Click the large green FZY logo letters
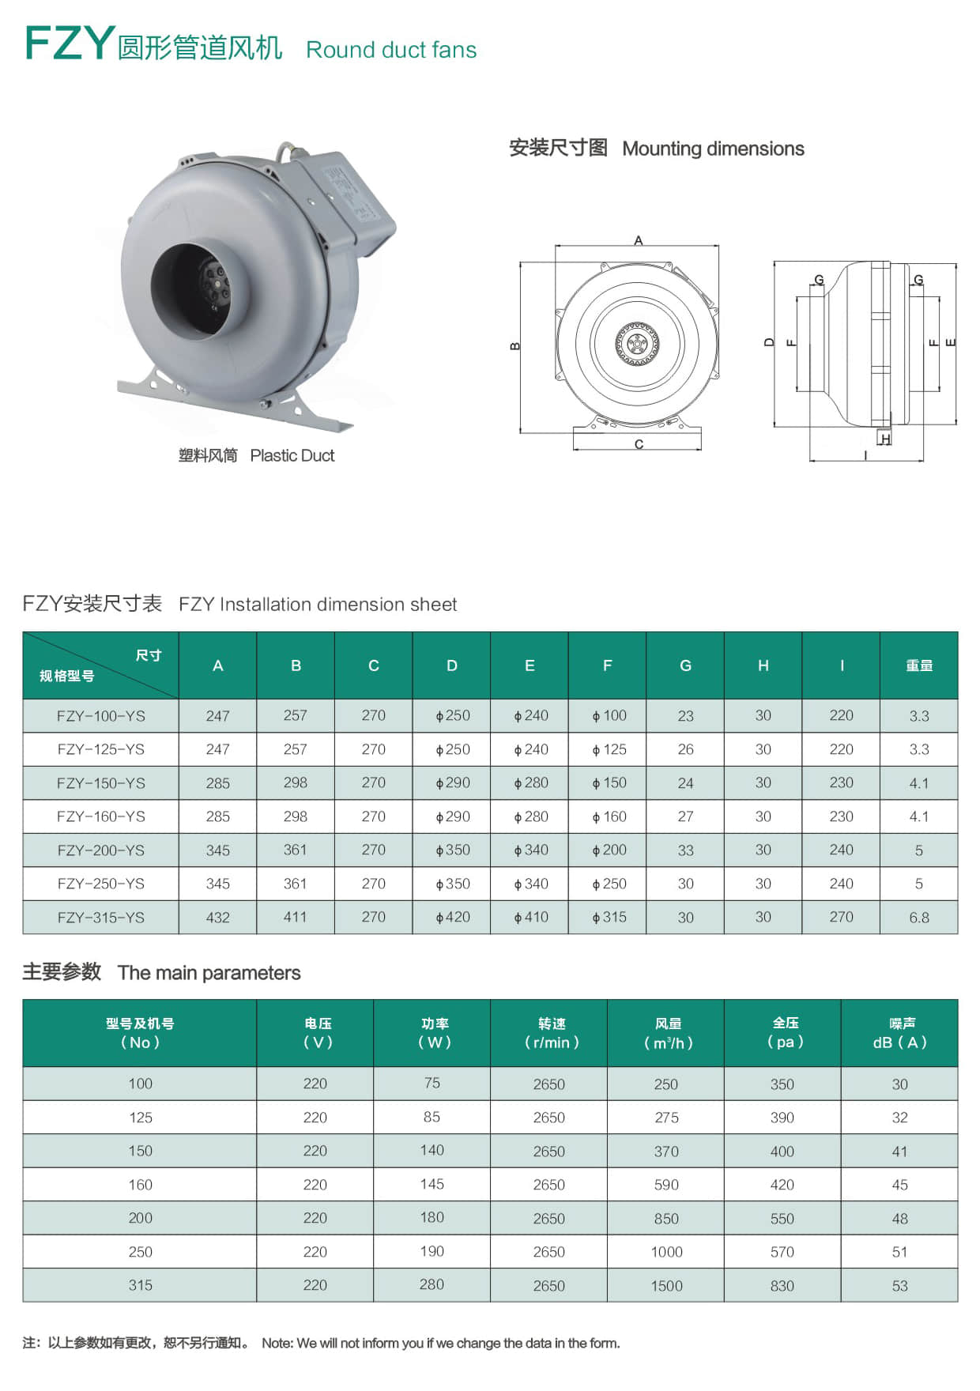70,43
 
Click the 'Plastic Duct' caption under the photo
292,455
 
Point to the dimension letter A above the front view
639,240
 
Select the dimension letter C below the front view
639,444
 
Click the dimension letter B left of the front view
515,346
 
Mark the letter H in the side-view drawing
886,439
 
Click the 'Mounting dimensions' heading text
713,149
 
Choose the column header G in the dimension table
685,665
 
